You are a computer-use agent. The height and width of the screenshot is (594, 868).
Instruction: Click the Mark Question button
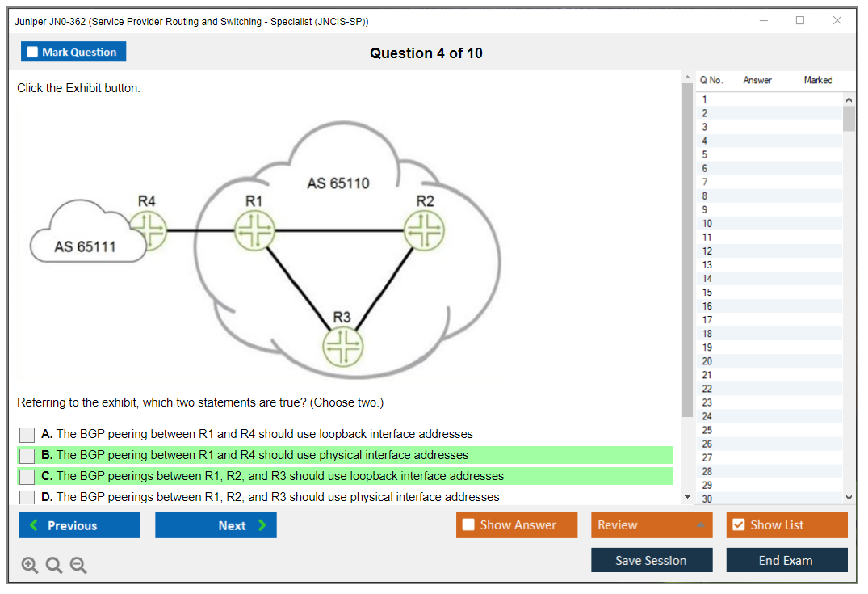tap(73, 52)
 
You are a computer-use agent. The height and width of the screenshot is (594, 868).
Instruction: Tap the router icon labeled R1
tap(254, 231)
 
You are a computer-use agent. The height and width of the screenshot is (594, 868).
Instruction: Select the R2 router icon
tap(424, 231)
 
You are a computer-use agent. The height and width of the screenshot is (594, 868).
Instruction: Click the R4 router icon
tap(149, 231)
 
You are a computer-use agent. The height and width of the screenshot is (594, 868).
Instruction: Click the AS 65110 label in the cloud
tap(338, 183)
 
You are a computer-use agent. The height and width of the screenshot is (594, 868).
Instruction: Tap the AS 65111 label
tap(85, 246)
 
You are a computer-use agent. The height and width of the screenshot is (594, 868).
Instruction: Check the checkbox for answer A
tap(27, 435)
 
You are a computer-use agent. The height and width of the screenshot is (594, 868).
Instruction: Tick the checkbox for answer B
tap(27, 456)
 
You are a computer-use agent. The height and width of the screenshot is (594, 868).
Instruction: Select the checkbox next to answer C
tap(27, 477)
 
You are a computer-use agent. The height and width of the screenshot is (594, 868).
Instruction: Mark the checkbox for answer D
tap(27, 497)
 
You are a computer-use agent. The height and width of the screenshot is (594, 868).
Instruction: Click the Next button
tap(216, 525)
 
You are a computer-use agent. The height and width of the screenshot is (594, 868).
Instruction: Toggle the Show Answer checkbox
tap(469, 525)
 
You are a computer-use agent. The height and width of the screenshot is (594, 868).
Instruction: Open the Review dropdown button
tap(652, 525)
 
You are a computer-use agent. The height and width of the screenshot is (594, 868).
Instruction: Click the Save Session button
tap(651, 560)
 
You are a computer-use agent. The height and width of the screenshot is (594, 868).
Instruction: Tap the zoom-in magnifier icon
tap(30, 565)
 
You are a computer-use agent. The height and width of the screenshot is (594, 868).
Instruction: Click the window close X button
tap(837, 21)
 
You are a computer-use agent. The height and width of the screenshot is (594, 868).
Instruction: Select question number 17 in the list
tap(707, 320)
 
